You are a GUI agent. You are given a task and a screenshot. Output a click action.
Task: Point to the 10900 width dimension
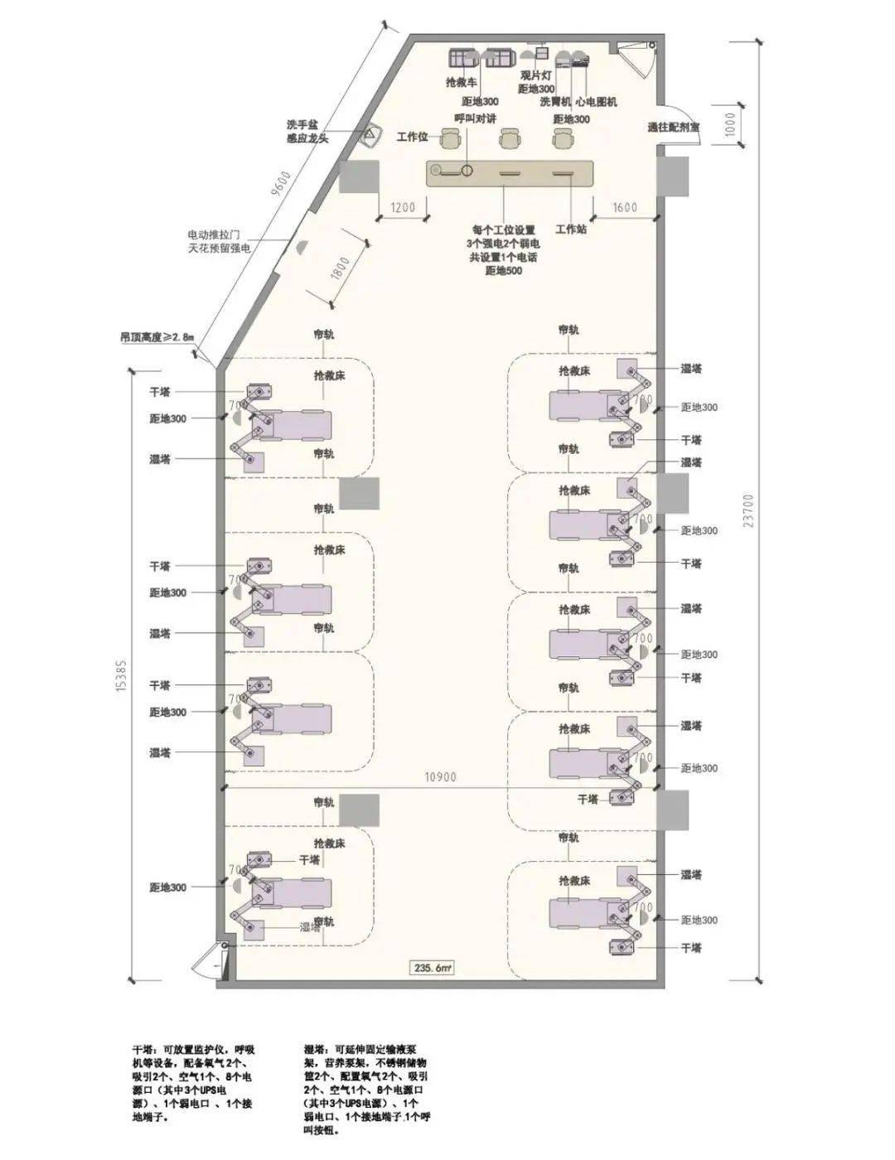point(440,777)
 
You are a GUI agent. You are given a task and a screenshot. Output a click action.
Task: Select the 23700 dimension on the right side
point(748,510)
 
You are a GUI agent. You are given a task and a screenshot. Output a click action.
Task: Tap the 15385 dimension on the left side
point(122,674)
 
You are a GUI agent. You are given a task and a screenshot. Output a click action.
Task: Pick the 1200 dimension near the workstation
point(403,207)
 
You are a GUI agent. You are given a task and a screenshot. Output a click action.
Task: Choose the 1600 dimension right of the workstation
point(626,207)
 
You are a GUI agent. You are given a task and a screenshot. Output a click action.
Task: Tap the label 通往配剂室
point(673,128)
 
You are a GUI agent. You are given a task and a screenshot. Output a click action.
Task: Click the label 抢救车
point(462,83)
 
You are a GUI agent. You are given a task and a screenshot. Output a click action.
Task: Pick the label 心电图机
point(596,102)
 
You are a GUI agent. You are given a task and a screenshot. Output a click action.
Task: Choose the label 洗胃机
point(555,102)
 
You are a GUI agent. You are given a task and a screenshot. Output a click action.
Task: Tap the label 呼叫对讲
point(476,118)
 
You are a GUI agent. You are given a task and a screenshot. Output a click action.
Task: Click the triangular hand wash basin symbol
point(370,135)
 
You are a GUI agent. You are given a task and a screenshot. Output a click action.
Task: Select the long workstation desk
point(511,173)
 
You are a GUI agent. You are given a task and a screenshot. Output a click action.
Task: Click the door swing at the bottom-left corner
point(207,963)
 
